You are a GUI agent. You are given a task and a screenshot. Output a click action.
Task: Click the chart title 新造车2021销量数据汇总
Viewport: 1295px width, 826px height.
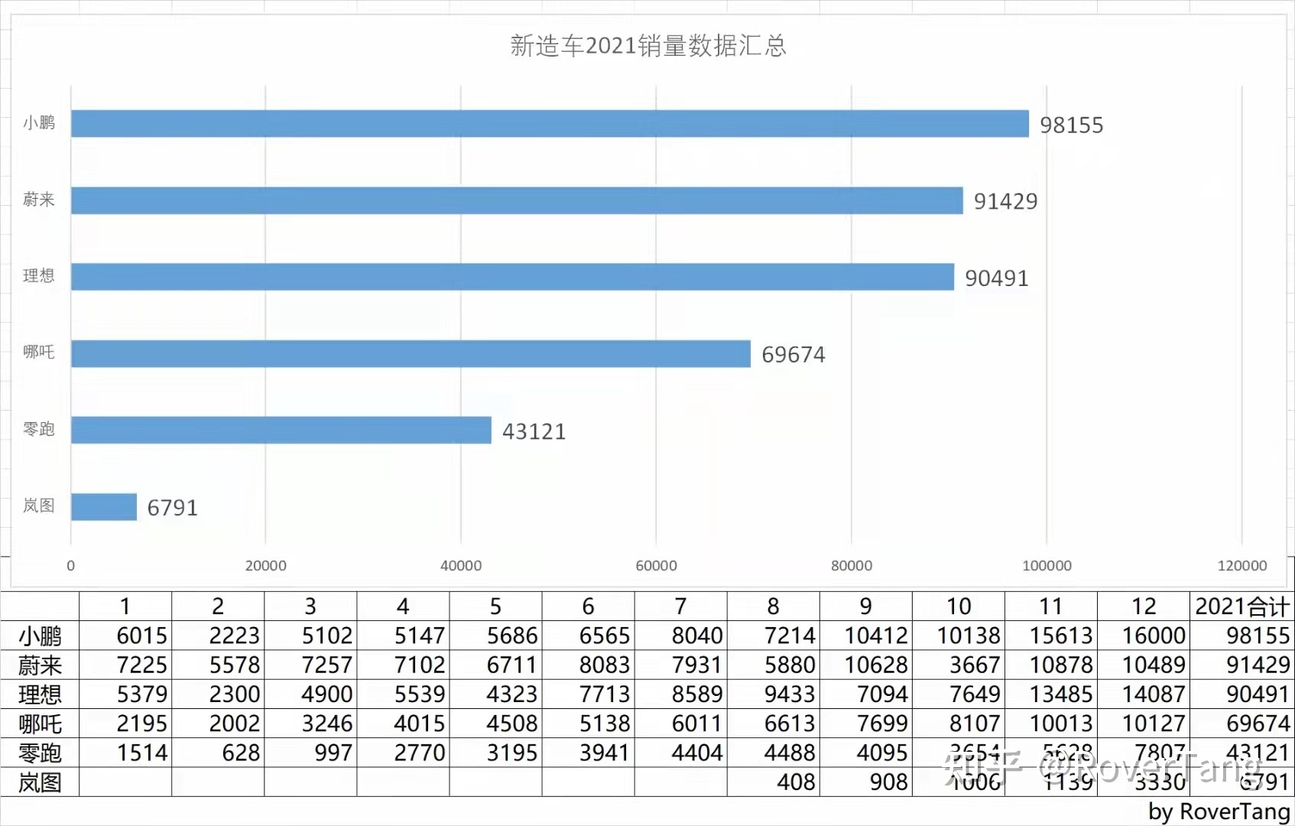tap(647, 46)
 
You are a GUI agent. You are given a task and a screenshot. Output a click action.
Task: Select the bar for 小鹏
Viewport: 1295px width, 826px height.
tap(550, 124)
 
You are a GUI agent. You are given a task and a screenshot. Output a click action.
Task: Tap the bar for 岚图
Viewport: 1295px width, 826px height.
tap(104, 506)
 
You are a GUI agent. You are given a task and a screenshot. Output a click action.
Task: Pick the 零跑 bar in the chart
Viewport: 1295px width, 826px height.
tap(281, 430)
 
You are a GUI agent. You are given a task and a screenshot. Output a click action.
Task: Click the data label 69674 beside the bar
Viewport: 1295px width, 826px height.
tap(794, 355)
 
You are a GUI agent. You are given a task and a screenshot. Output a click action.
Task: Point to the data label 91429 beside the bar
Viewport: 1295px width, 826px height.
tap(1005, 201)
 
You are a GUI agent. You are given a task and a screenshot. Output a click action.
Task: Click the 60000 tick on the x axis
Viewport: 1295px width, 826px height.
tap(656, 566)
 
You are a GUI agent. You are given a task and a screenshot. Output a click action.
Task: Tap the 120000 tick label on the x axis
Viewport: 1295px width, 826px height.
tap(1241, 566)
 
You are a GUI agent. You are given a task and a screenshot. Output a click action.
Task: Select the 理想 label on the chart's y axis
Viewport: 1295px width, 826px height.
tap(38, 276)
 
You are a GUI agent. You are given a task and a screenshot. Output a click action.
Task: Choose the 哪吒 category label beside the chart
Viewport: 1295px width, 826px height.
tap(38, 353)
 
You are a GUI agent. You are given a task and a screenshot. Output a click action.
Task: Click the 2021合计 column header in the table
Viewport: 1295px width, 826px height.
tap(1241, 606)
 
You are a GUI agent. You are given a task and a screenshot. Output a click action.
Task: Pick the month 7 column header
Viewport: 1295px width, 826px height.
tap(680, 606)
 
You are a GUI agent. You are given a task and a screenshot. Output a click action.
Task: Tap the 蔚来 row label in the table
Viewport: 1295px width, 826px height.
tap(40, 665)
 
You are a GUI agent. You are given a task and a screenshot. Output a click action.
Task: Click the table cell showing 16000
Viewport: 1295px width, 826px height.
tap(1154, 636)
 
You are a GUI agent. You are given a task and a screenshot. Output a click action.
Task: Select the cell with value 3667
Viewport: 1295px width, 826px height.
tap(975, 665)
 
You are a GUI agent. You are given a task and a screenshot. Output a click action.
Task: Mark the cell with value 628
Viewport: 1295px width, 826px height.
tap(241, 753)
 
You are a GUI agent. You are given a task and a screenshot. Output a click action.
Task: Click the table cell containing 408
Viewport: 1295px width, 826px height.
tap(796, 782)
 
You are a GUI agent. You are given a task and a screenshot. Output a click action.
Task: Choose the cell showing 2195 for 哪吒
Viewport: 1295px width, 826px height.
tap(142, 724)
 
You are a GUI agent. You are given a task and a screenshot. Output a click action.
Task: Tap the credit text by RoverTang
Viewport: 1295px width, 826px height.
tap(1219, 812)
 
